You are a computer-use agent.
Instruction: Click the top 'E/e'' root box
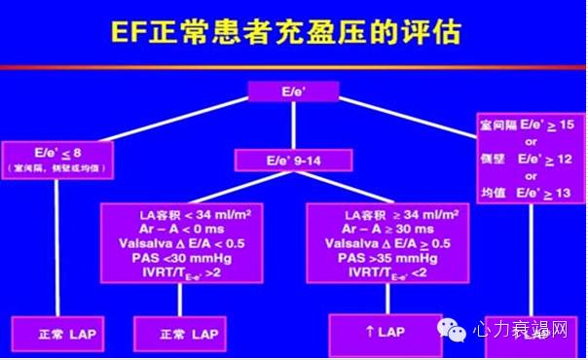[292, 91]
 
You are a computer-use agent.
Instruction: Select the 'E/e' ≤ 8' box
[55, 152]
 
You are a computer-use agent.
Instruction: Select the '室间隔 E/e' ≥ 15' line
[531, 125]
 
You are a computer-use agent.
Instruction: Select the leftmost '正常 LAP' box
[53, 335]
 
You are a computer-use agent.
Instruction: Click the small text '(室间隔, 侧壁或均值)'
[56, 167]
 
